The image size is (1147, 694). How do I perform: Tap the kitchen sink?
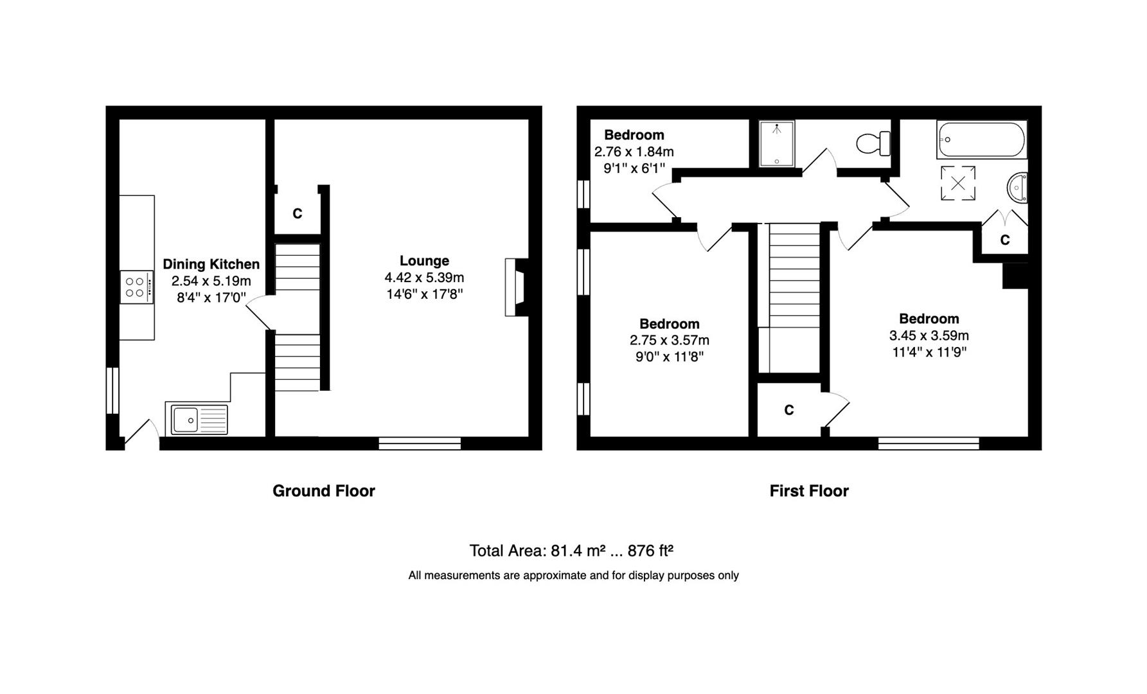pos(197,420)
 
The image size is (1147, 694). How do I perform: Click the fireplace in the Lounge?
pos(515,287)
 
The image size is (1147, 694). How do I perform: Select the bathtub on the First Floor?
pos(981,140)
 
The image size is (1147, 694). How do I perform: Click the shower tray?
pos(776,143)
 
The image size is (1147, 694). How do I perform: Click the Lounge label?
pos(424,261)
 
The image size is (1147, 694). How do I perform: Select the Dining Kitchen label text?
pos(211,264)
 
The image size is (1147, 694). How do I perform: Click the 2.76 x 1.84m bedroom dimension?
pos(634,152)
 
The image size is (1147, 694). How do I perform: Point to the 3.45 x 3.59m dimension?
pos(929,335)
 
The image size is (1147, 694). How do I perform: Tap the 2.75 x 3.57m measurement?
pos(669,341)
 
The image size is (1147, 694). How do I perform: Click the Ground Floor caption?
pos(323,491)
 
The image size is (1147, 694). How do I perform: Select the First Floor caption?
pos(809,491)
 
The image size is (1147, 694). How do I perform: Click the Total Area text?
pos(571,551)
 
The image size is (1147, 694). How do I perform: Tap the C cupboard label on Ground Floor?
pos(297,213)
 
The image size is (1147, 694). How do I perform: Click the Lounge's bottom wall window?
pos(420,443)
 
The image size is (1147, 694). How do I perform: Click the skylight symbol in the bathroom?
pos(957,183)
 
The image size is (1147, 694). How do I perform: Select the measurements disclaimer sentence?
pos(573,576)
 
